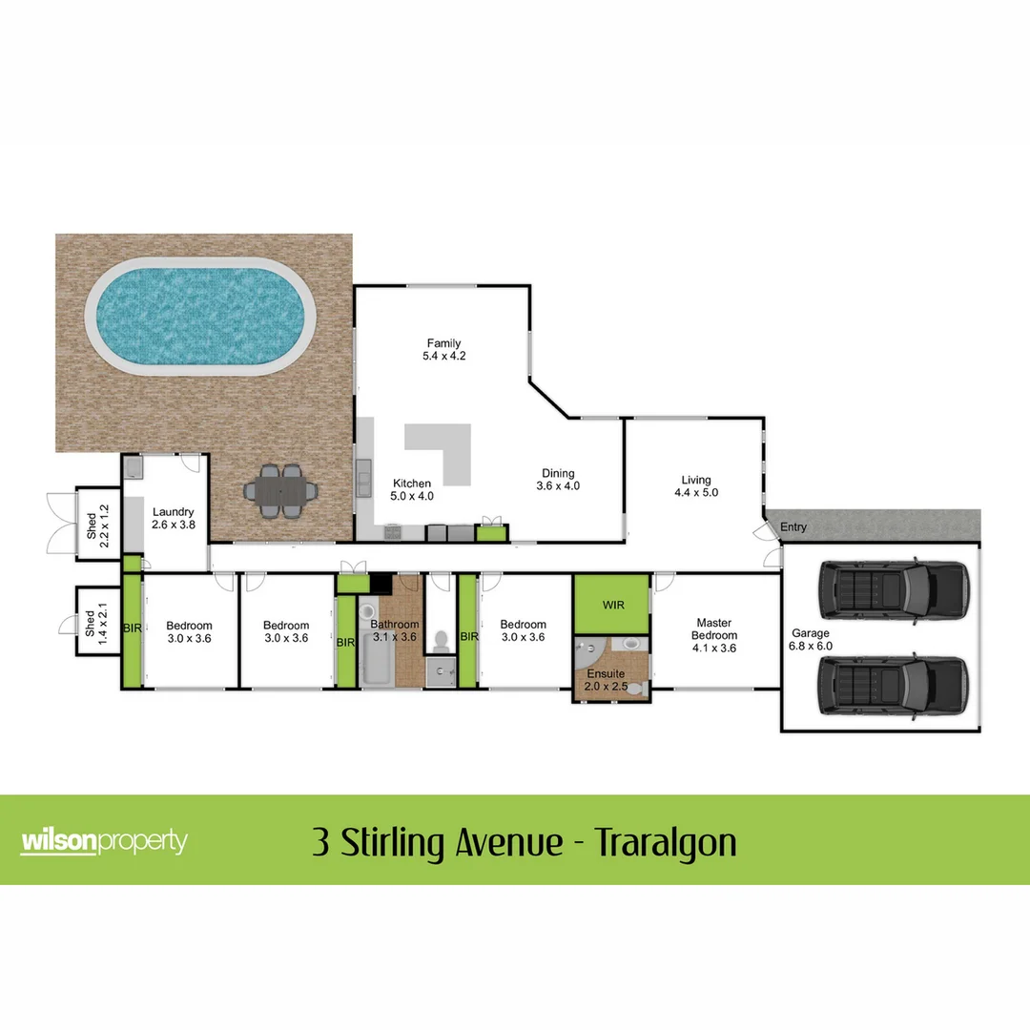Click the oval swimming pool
click(200, 316)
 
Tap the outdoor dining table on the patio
click(281, 492)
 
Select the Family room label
click(443, 349)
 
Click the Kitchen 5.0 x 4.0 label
click(412, 490)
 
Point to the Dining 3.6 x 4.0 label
click(558, 480)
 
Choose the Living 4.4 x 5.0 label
click(696, 486)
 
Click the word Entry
click(793, 527)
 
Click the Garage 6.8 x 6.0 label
click(811, 639)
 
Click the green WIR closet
click(611, 605)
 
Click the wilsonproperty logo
click(104, 842)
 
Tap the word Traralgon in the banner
click(666, 843)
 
